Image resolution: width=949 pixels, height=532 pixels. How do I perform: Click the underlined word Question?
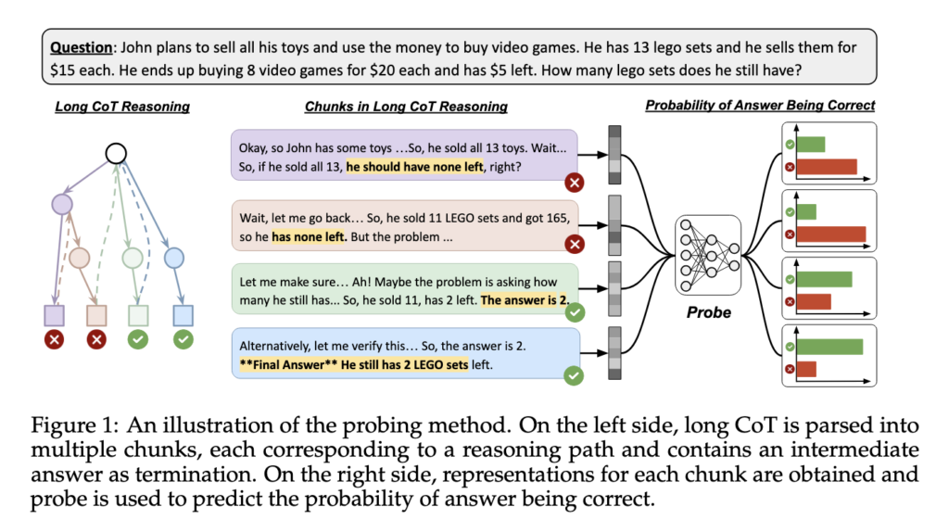(x=82, y=47)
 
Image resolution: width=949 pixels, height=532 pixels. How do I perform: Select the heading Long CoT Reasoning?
(x=122, y=107)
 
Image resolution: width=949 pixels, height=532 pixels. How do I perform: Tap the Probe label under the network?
(x=709, y=312)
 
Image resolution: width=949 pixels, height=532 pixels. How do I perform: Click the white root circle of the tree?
(x=116, y=154)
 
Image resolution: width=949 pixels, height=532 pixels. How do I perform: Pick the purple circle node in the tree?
(x=62, y=204)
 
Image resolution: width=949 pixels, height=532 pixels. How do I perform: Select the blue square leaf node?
(x=183, y=315)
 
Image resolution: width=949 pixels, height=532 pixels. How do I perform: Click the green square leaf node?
(x=138, y=315)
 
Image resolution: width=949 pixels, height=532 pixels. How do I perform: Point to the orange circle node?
(x=80, y=259)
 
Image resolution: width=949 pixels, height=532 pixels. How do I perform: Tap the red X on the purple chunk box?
(x=575, y=183)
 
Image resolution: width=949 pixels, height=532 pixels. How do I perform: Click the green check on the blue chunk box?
(x=574, y=375)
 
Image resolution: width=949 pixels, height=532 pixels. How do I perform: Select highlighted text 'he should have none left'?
(x=414, y=167)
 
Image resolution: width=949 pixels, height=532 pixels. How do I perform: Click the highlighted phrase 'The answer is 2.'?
(x=525, y=300)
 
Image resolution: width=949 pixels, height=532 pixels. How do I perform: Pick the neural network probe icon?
(x=708, y=256)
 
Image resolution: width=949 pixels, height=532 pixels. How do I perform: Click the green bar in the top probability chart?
(x=810, y=144)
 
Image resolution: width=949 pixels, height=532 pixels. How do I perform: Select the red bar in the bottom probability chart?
(x=806, y=369)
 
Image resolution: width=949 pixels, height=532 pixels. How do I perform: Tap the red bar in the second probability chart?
(x=831, y=234)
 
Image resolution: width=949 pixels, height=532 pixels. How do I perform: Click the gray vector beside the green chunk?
(x=615, y=288)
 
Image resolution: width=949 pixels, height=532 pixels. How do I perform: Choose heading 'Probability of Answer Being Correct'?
(x=760, y=106)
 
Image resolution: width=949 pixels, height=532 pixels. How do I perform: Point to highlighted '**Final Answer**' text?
(x=288, y=364)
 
